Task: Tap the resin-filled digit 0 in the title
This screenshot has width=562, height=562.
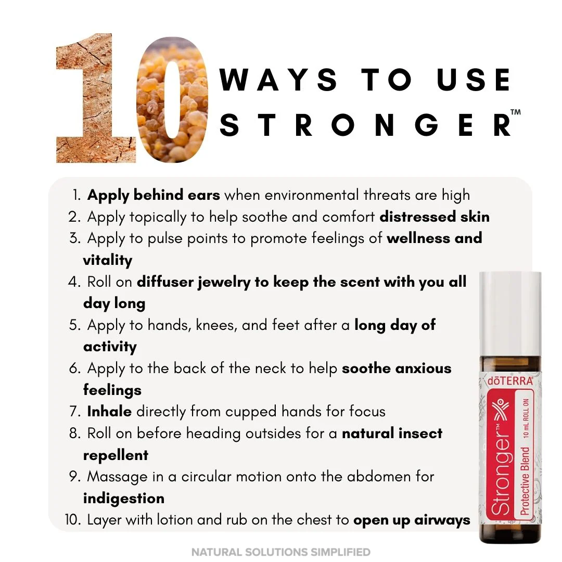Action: (x=172, y=104)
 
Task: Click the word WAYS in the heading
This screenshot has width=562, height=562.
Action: (x=278, y=81)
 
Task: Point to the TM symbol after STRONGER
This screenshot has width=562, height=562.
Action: (x=515, y=112)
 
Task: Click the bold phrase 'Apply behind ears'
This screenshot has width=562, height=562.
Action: (x=154, y=195)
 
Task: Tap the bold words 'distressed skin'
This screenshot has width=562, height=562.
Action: (x=435, y=216)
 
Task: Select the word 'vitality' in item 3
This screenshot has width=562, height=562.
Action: (x=108, y=260)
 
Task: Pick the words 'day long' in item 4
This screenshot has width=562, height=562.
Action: (x=114, y=303)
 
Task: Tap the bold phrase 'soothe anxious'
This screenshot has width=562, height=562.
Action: (x=397, y=368)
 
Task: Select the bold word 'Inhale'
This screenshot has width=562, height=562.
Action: (x=109, y=412)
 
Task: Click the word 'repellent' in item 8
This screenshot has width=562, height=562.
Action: (x=116, y=455)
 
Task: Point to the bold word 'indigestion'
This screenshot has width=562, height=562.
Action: (x=123, y=499)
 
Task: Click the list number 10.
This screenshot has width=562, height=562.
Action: (x=72, y=520)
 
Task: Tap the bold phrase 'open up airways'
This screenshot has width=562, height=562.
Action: (x=412, y=520)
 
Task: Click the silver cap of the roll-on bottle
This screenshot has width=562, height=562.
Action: (x=510, y=312)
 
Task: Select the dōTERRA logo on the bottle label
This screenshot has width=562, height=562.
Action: (x=510, y=381)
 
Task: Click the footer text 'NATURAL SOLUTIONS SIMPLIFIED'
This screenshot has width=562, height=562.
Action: (x=281, y=552)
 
